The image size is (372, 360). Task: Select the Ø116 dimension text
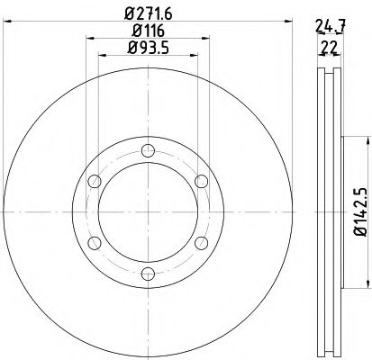point(149,31)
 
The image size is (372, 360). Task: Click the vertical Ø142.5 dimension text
point(358,206)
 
